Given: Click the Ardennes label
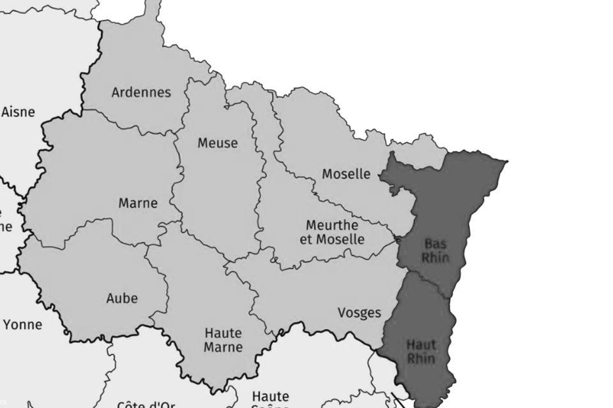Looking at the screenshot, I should (x=141, y=92).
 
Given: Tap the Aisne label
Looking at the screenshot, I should (x=18, y=112).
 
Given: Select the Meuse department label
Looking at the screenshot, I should (x=217, y=143).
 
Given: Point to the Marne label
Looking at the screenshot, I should (x=138, y=204).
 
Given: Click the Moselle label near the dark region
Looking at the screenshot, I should (x=346, y=174).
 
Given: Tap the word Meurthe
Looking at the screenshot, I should (x=332, y=226).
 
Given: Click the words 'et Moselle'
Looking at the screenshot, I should (x=332, y=240).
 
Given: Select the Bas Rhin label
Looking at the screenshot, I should (x=435, y=251).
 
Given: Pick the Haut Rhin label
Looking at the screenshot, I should (x=421, y=352).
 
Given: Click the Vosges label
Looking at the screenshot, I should (x=359, y=313).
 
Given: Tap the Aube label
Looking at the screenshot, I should (x=122, y=298).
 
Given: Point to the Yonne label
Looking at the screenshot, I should (x=22, y=325).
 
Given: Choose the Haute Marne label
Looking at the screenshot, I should (x=223, y=340).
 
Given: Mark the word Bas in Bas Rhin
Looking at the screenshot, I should (x=435, y=244).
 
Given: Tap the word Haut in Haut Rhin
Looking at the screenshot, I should (x=421, y=345).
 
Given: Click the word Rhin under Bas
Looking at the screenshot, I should (x=435, y=258).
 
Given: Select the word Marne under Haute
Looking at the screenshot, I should (x=223, y=347).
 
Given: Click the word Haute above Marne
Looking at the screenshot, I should (x=223, y=333).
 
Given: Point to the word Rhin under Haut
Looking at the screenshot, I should (x=421, y=359).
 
